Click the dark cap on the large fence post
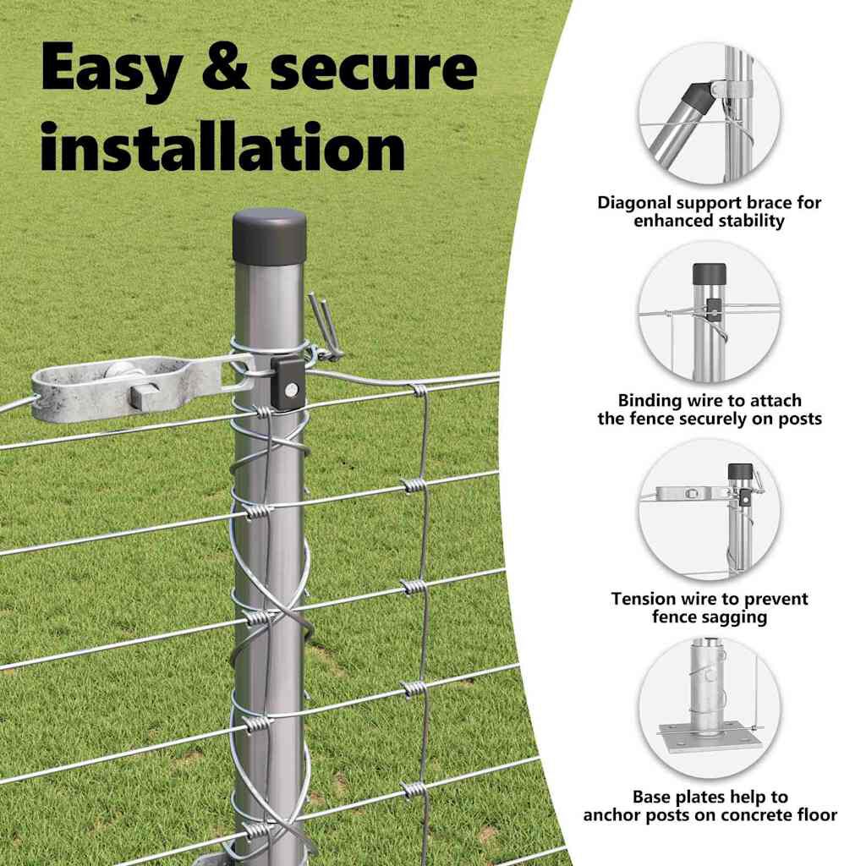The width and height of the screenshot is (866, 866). tap(269, 237)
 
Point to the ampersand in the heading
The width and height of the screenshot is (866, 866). tap(225, 68)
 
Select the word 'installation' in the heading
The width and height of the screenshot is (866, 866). tap(223, 146)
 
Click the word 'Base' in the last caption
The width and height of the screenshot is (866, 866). tap(652, 797)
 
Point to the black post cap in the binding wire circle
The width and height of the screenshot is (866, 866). tap(710, 273)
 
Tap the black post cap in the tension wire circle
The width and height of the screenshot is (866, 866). tap(741, 471)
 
